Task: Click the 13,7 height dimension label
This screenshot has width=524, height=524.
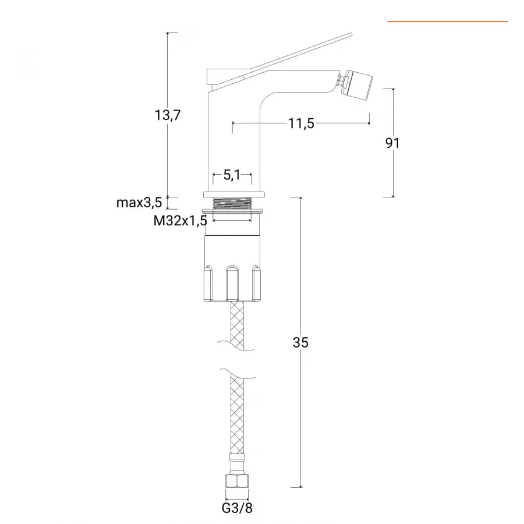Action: [x=168, y=115]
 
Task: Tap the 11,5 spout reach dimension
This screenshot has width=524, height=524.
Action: [x=301, y=123]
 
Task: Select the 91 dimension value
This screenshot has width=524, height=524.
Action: [x=392, y=143]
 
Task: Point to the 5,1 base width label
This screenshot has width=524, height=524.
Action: [x=232, y=175]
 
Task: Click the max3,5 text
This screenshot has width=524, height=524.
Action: [x=139, y=203]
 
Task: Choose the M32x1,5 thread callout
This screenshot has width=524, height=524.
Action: [x=180, y=221]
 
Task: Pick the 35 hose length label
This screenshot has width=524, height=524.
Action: [x=300, y=342]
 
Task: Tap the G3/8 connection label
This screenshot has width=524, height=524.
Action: [x=237, y=508]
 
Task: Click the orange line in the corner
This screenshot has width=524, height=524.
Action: [x=448, y=22]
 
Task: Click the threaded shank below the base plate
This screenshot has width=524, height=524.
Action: [x=232, y=203]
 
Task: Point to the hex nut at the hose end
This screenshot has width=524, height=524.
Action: [x=237, y=480]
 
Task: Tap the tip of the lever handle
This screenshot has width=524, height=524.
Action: [x=351, y=34]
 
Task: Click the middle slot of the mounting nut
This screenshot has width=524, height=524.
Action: [x=232, y=283]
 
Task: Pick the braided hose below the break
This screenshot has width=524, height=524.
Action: [x=237, y=415]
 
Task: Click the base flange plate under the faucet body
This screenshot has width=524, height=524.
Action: [x=234, y=194]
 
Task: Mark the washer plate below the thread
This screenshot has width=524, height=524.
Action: [x=232, y=211]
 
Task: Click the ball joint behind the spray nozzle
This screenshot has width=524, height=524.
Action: [x=342, y=80]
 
